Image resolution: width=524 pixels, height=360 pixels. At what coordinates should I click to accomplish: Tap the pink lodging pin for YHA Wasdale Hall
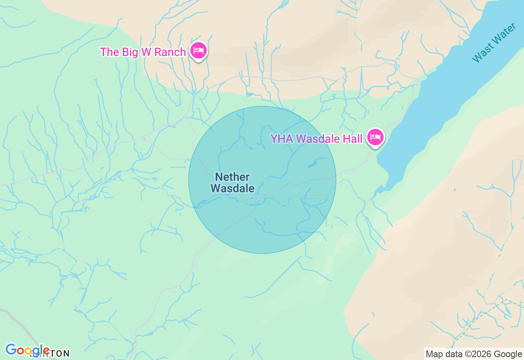coord(375,137)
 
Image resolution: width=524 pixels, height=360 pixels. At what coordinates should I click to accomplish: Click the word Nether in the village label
coord(232,177)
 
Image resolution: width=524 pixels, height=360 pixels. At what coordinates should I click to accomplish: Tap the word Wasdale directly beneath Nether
coord(232,189)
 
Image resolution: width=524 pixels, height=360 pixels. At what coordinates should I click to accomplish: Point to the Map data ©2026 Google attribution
coord(474,354)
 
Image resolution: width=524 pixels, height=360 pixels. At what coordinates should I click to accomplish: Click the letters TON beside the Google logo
coord(60,353)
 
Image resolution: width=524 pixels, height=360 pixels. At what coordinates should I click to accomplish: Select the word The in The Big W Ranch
coord(109,52)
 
